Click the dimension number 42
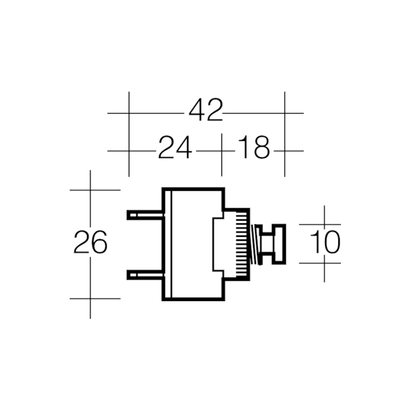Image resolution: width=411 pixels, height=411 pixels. tap(206, 110)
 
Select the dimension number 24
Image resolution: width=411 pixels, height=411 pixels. tap(175, 147)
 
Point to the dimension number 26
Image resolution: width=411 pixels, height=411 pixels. tap(90, 242)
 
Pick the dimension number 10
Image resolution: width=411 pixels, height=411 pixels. tap(325, 242)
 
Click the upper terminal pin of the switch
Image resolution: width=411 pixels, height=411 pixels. tap(145, 215)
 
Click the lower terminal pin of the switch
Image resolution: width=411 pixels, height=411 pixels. tap(145, 275)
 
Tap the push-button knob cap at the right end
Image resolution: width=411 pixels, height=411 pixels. tap(279, 244)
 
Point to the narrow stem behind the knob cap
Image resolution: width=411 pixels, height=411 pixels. tap(267, 244)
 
